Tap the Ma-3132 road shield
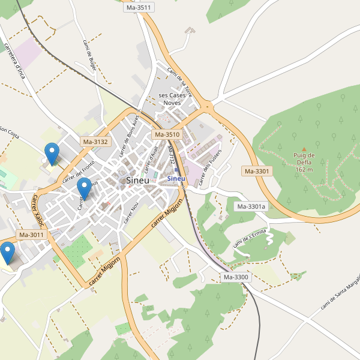pyautogui.click(x=95, y=142)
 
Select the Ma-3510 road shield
pyautogui.click(x=167, y=135)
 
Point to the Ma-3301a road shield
pyautogui.click(x=251, y=207)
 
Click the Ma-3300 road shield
pyautogui.click(x=236, y=277)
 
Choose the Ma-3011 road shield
pyautogui.click(x=31, y=235)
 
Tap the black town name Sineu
pyautogui.click(x=137, y=180)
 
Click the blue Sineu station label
pyautogui.click(x=176, y=178)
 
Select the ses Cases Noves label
pyautogui.click(x=172, y=99)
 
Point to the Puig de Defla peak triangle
pyautogui.click(x=304, y=149)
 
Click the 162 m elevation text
pyautogui.click(x=304, y=170)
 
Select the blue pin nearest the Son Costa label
pyautogui.click(x=53, y=154)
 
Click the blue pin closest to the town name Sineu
pyautogui.click(x=84, y=188)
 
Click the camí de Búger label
pyautogui.click(x=89, y=55)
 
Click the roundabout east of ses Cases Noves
pyautogui.click(x=208, y=107)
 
